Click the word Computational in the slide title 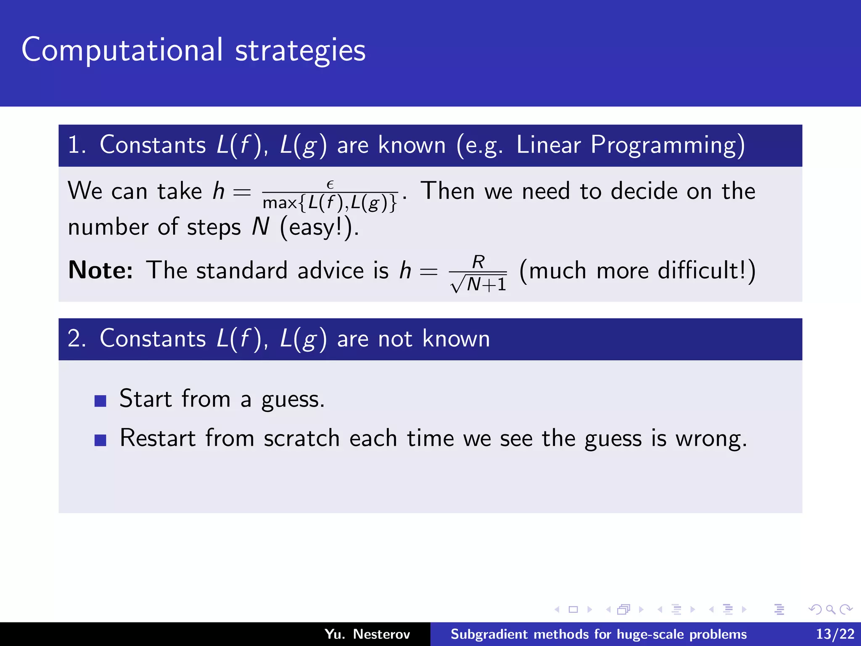coord(122,50)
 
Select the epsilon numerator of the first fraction coord(330,184)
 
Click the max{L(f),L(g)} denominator coord(330,203)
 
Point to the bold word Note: coord(100,270)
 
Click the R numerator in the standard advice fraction coord(478,262)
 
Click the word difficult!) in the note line coord(706,270)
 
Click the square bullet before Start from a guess coord(100,401)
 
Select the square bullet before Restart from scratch coord(100,440)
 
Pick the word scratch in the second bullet coord(301,438)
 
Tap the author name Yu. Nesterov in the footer coord(367,634)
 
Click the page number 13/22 coord(835,634)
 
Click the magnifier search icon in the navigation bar coord(830,609)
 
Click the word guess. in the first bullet coord(293,399)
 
